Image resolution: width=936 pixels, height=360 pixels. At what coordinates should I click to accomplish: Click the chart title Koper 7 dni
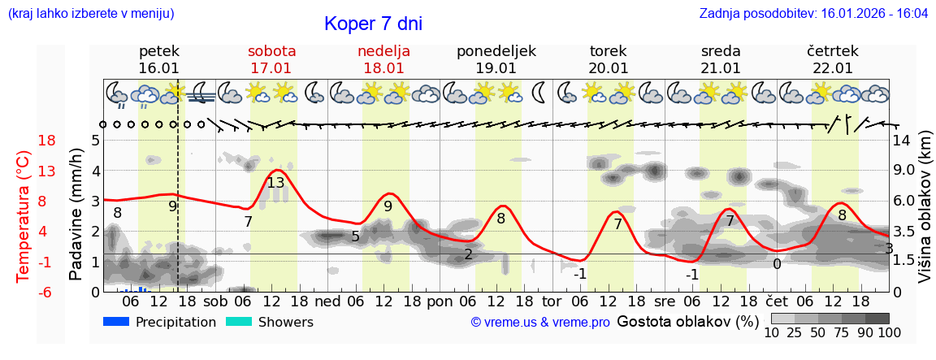click(x=373, y=24)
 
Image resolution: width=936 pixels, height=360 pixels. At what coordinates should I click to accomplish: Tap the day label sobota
click(x=271, y=51)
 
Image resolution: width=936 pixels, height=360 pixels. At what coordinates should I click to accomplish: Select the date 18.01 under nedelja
click(x=383, y=68)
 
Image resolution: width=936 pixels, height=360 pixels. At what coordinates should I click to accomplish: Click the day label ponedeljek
click(x=496, y=51)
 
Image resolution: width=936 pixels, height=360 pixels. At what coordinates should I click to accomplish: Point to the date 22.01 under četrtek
click(x=833, y=68)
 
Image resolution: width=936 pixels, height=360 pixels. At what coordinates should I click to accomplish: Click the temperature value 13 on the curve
click(x=275, y=183)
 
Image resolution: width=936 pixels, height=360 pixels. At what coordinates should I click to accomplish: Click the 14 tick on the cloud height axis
click(x=903, y=141)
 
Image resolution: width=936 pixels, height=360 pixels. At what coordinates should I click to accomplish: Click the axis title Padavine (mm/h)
click(x=76, y=215)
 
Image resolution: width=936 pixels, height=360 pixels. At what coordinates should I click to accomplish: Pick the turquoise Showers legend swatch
click(x=238, y=322)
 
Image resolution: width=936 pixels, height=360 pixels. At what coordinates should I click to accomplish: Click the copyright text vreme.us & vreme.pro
click(x=540, y=323)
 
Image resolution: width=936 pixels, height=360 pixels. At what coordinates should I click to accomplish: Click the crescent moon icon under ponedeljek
click(x=539, y=93)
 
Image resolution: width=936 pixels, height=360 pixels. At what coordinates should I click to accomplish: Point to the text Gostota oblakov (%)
click(x=687, y=321)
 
